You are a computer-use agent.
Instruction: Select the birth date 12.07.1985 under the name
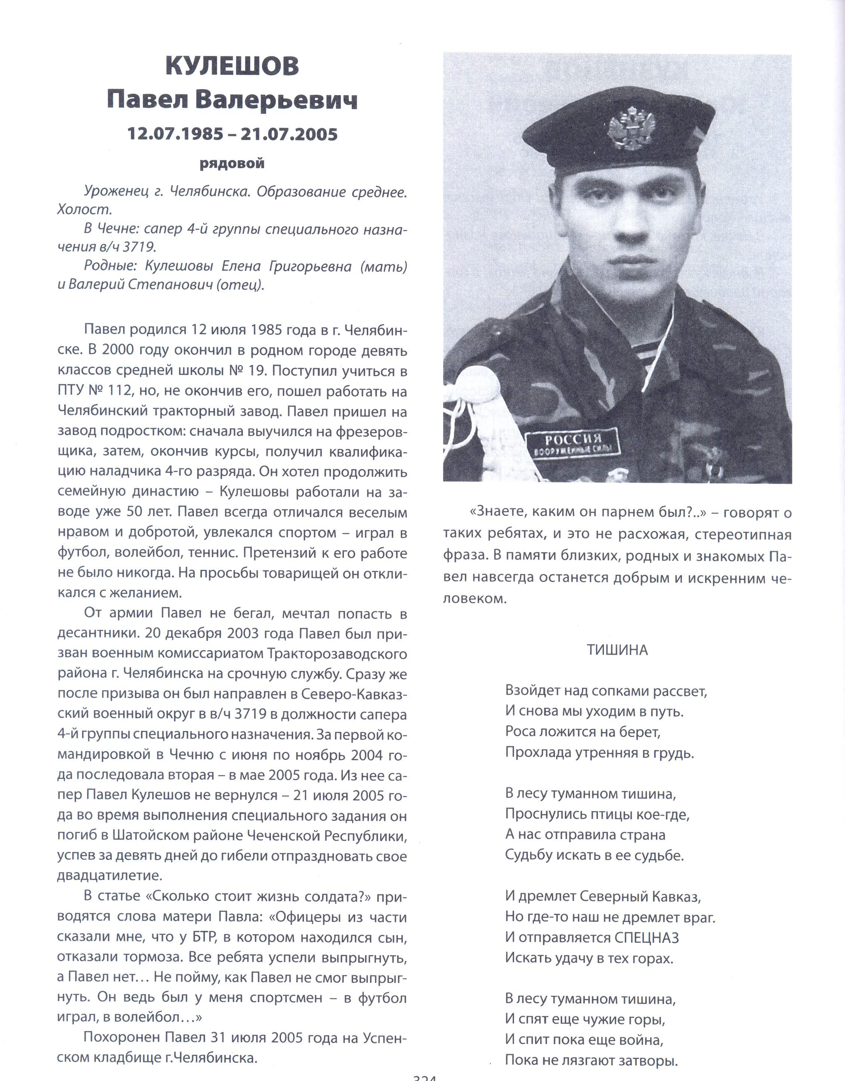pos(175,134)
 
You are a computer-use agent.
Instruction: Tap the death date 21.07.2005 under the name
pos(289,134)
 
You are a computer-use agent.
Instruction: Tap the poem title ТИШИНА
pos(617,650)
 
